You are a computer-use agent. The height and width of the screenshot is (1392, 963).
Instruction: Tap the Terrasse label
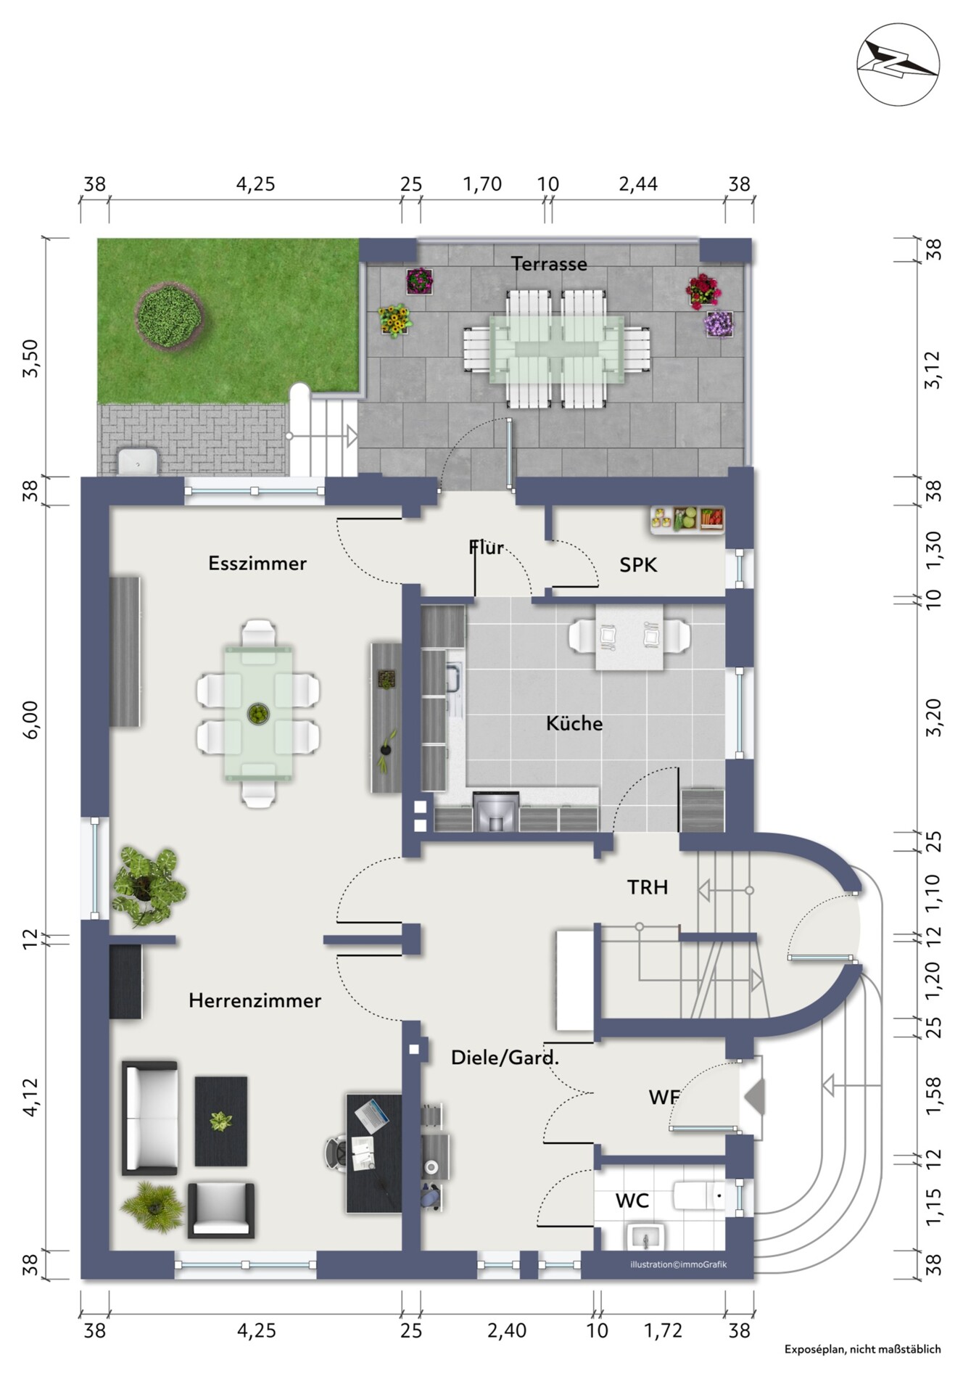[549, 264]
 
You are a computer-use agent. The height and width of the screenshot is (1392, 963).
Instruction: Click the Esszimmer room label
[257, 563]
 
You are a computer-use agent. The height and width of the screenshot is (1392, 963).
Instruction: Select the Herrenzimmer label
[255, 1000]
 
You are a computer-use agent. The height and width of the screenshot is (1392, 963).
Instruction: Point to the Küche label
[574, 722]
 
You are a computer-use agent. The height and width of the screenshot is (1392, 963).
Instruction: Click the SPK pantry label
[638, 564]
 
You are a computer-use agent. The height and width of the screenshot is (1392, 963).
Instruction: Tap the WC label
[632, 1201]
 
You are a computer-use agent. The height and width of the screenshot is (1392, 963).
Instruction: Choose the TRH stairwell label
[648, 886]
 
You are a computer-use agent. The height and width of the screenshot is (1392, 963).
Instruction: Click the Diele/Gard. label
[505, 1058]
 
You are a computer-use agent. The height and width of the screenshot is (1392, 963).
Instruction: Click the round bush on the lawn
[169, 316]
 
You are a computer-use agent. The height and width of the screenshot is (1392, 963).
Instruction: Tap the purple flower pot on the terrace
[719, 324]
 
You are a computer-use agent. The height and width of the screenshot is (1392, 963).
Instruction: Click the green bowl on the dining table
[257, 714]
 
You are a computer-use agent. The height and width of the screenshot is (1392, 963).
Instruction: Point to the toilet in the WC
[699, 1196]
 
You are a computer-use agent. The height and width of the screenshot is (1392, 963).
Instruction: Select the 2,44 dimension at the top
[638, 184]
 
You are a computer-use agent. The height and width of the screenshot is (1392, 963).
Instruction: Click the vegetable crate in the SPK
[687, 519]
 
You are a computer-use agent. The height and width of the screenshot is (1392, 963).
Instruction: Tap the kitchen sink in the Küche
[453, 677]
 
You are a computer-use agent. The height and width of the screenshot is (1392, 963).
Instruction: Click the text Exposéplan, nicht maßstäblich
[862, 1349]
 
